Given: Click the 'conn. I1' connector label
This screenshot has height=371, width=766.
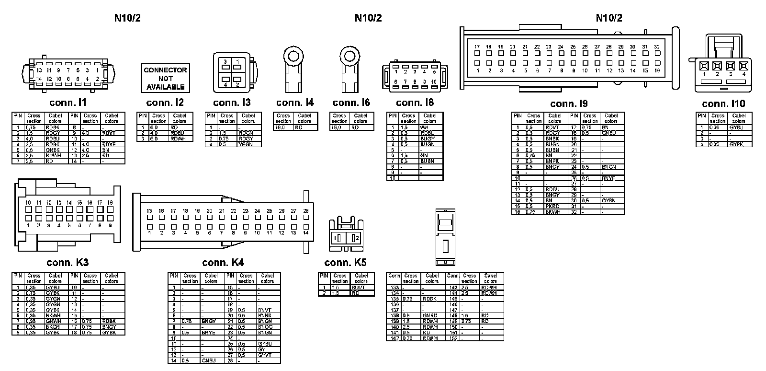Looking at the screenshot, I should click(68, 103).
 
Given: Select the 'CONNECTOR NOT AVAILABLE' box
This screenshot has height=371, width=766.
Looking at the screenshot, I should click(165, 78).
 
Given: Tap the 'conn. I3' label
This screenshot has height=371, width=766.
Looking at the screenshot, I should click(232, 103).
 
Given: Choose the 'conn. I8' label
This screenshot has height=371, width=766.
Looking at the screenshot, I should click(415, 103).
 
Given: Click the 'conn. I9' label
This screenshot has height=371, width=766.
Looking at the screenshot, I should click(569, 104).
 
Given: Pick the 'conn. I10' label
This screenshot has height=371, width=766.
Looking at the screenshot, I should click(723, 104).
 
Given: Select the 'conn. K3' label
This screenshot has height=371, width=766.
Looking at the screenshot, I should click(68, 263).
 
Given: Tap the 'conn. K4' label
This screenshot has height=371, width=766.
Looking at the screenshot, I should click(223, 263).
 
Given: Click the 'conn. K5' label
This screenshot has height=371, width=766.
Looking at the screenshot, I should click(345, 263).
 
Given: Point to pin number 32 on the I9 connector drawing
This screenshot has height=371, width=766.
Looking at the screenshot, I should click(657, 47).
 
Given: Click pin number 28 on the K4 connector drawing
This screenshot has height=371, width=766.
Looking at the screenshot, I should click(306, 211).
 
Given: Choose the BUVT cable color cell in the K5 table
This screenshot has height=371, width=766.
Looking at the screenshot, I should click(358, 288).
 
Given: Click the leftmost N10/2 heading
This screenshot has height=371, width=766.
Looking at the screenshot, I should click(127, 18).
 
